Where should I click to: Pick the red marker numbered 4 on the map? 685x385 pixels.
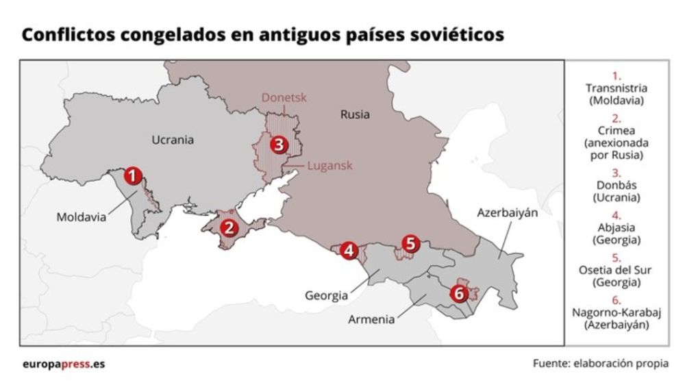(x=349, y=250)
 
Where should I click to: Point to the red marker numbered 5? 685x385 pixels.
(x=410, y=243)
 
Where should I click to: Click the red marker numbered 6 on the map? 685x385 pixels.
(x=459, y=293)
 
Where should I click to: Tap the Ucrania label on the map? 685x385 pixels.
(x=172, y=140)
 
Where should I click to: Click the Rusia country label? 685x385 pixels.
(x=355, y=114)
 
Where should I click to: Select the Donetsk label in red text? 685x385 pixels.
(x=284, y=98)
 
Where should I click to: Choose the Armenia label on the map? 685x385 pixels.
(x=371, y=319)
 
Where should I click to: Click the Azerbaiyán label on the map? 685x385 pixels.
(x=507, y=213)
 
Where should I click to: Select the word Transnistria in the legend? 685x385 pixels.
(x=616, y=88)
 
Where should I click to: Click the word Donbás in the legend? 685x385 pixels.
(x=616, y=185)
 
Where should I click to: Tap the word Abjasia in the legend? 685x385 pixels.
(x=616, y=228)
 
